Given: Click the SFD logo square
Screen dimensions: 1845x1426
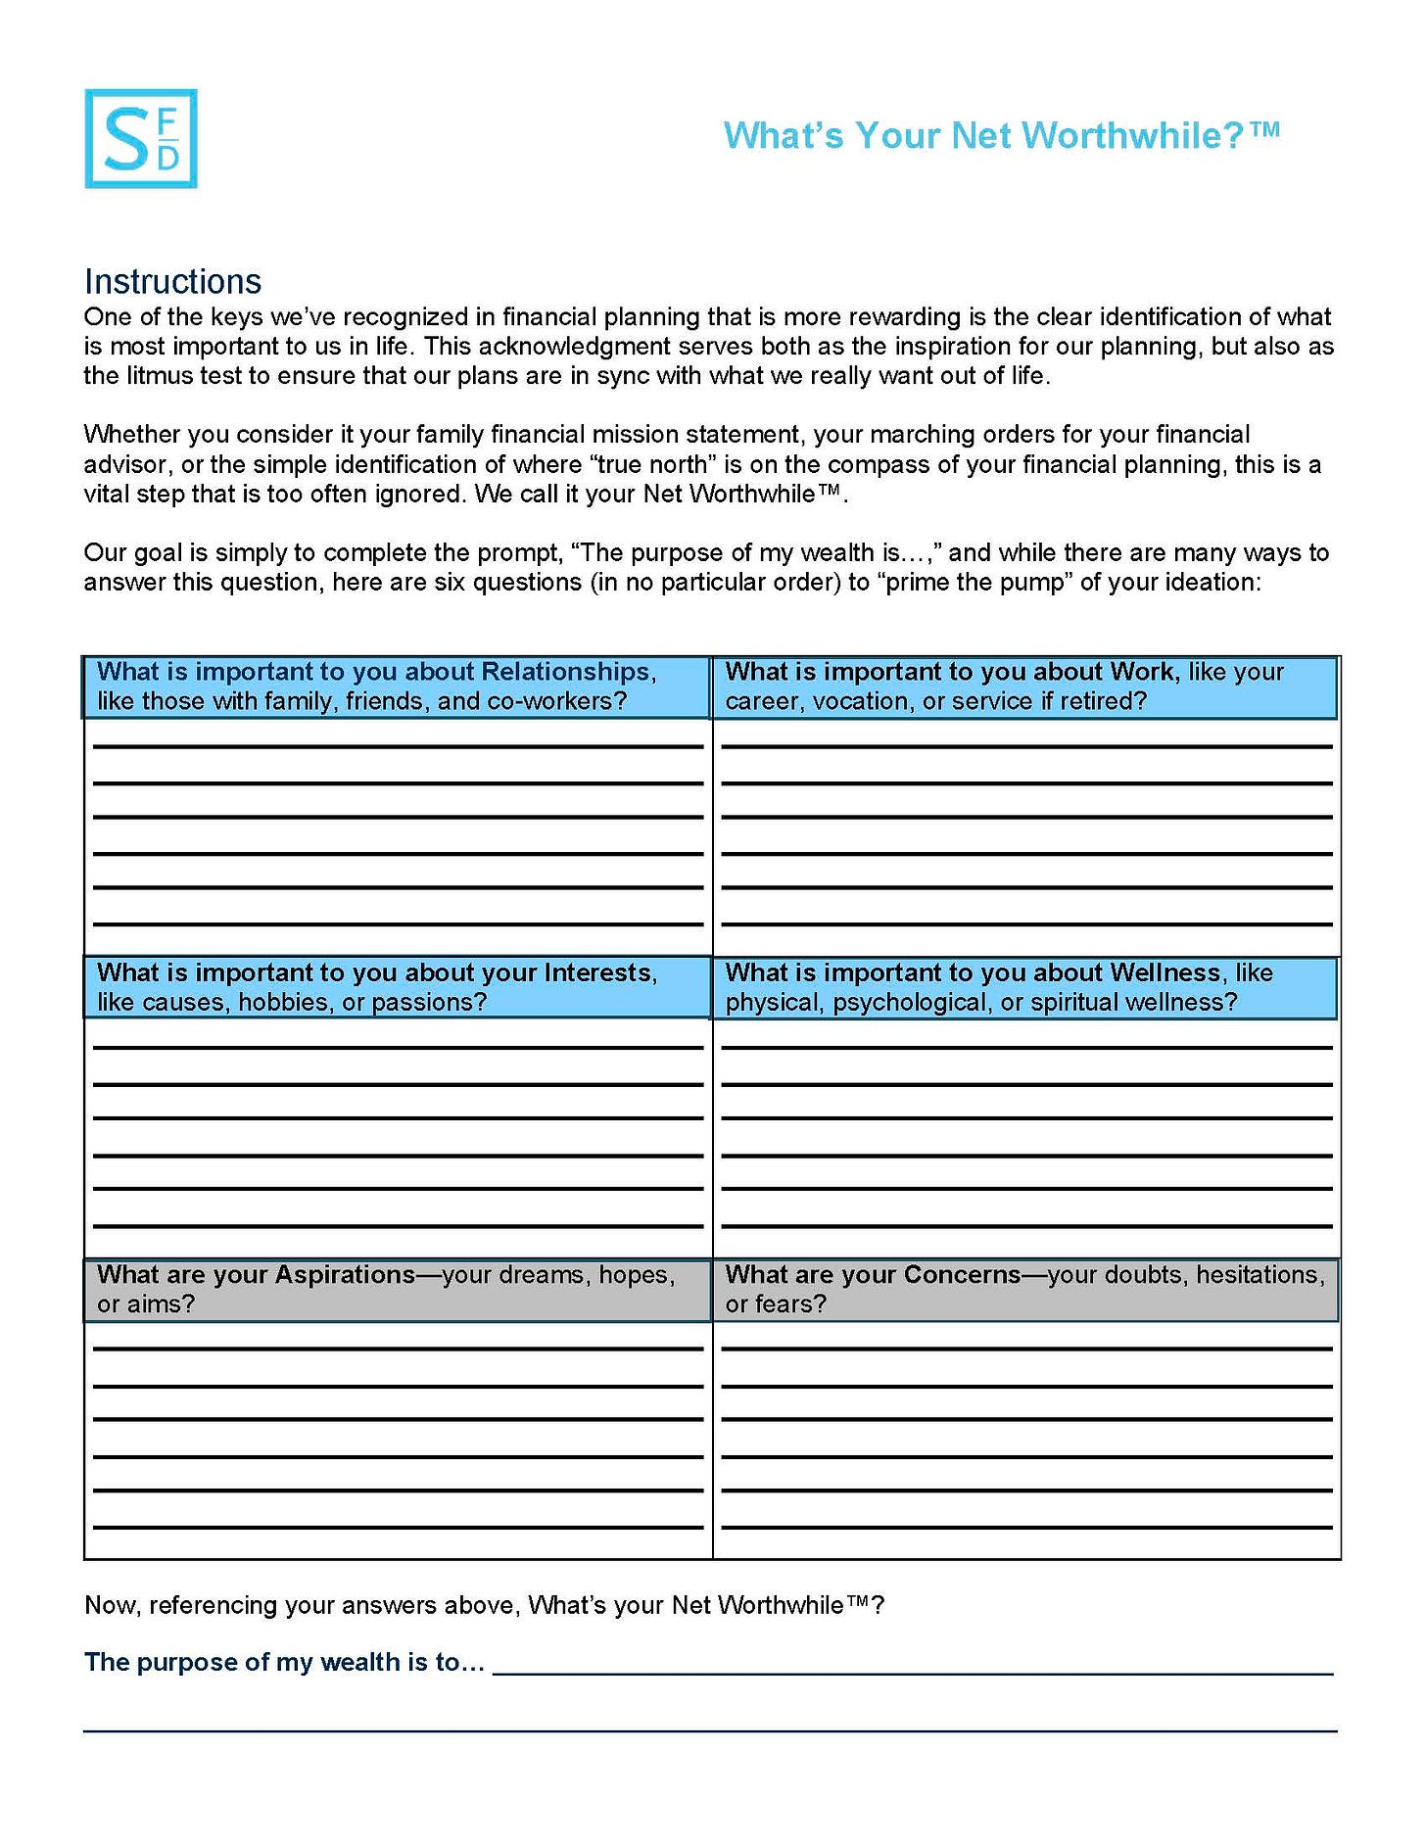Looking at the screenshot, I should tap(141, 138).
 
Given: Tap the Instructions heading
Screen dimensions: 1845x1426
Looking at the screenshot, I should tap(172, 281).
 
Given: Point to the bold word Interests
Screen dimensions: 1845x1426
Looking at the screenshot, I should tap(599, 972).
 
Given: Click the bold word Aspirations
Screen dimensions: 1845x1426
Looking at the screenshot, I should tap(345, 1274).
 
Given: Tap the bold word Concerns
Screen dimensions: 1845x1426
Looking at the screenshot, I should tap(963, 1274).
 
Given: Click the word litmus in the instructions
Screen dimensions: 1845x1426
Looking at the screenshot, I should tap(157, 376).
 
